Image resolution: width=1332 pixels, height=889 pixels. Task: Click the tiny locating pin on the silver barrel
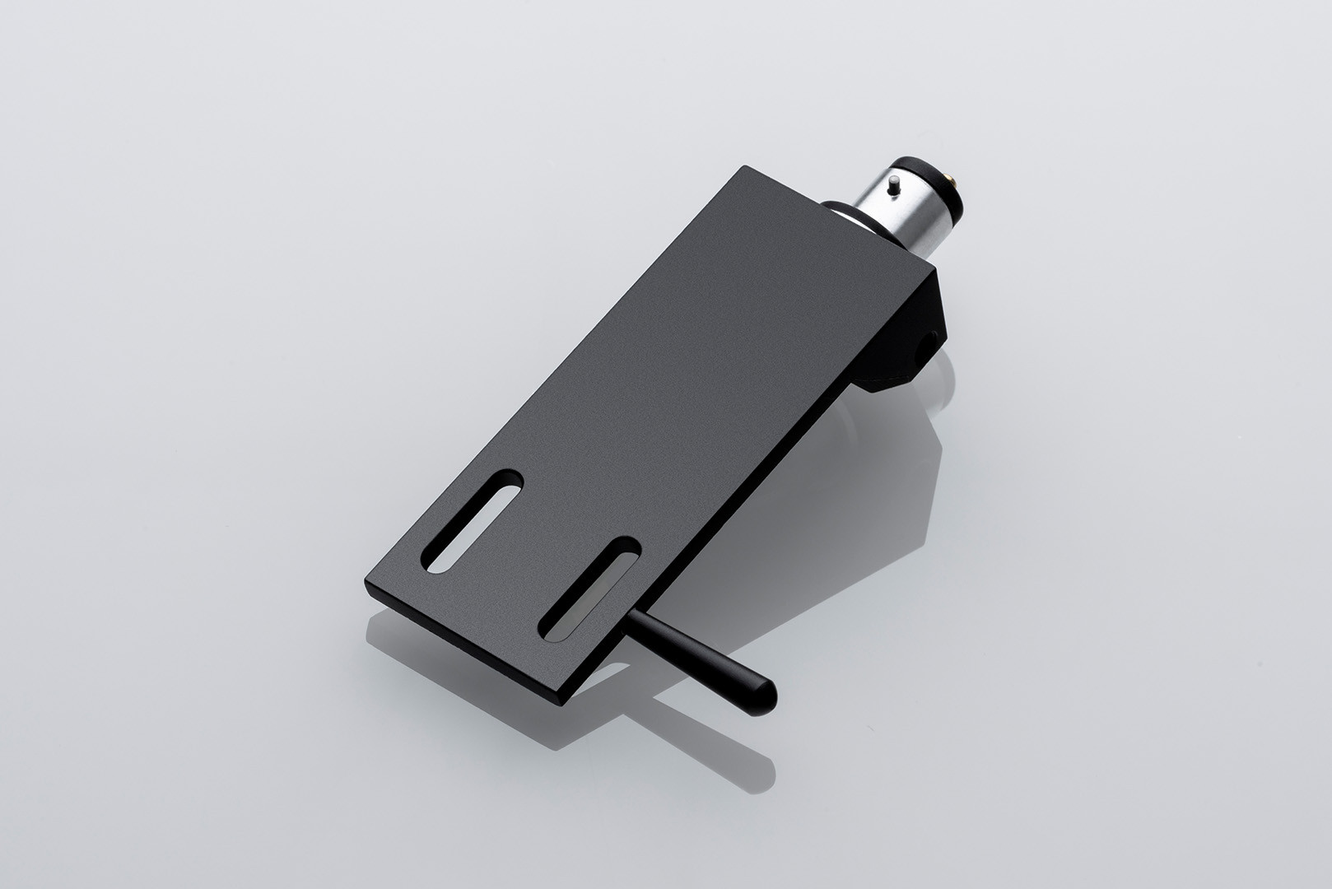coord(894,188)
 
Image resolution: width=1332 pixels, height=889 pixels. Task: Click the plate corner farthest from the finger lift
coord(745,166)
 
